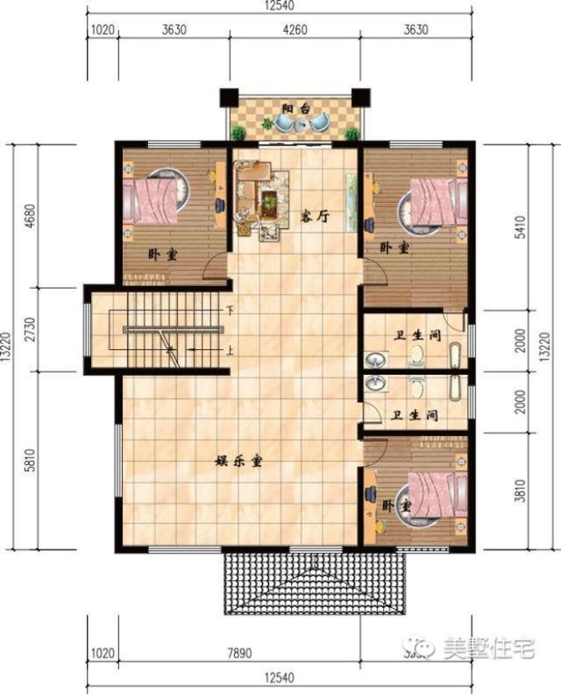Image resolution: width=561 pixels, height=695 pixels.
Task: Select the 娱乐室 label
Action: [x=239, y=459]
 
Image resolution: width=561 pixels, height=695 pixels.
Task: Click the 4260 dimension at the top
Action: [x=295, y=29]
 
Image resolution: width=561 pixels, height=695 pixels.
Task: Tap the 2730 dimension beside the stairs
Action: [x=31, y=329]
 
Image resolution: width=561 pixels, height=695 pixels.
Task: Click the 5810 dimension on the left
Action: [x=31, y=460]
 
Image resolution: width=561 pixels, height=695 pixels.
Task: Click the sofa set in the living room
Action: [x=261, y=197]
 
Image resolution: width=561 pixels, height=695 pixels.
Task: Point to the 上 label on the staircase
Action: [x=230, y=350]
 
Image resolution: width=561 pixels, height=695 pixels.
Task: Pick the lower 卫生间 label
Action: [x=415, y=415]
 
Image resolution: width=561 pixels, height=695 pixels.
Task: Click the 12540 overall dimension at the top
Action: [x=281, y=9]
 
